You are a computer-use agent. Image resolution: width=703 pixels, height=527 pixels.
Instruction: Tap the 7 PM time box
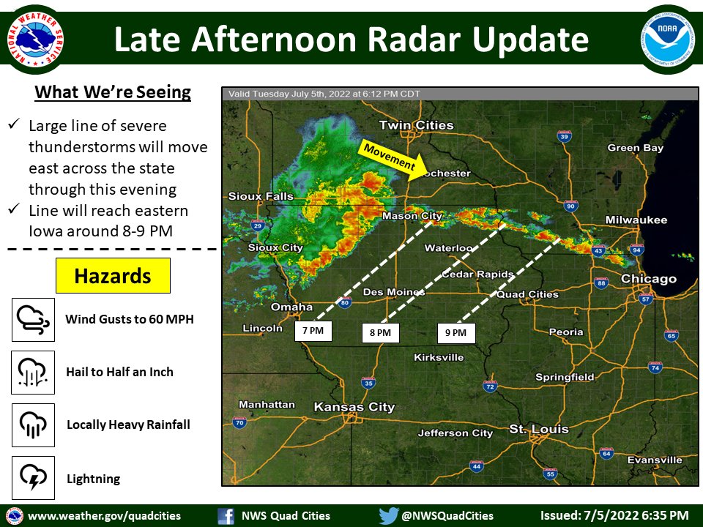[x=313, y=331]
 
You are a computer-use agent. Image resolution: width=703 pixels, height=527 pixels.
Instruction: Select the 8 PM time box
[x=381, y=333]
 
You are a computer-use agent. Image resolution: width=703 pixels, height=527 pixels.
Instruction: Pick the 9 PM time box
[x=455, y=333]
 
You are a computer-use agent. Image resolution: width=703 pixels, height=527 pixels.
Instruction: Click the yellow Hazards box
[x=113, y=276]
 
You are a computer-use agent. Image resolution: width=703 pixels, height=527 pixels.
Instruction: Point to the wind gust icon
[x=33, y=319]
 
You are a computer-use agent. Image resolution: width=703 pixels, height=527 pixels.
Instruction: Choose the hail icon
[x=33, y=372]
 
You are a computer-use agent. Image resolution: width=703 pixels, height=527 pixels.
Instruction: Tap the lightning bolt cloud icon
[x=33, y=478]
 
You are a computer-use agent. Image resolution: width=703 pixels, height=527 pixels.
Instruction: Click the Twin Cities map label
[x=417, y=125]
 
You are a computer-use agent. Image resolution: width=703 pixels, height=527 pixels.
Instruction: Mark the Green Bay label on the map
[x=636, y=148]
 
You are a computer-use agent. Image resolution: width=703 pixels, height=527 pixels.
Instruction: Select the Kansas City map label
[x=354, y=407]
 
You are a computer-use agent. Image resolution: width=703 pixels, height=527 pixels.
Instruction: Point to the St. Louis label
[x=540, y=429]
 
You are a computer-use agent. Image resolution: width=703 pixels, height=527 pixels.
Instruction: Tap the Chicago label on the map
[x=649, y=279]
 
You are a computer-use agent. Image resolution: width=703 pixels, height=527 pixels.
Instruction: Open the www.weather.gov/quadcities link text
[x=104, y=515]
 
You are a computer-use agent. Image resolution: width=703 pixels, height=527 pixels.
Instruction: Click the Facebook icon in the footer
[x=226, y=515]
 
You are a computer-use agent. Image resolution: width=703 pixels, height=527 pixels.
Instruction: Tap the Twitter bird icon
[x=387, y=515]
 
